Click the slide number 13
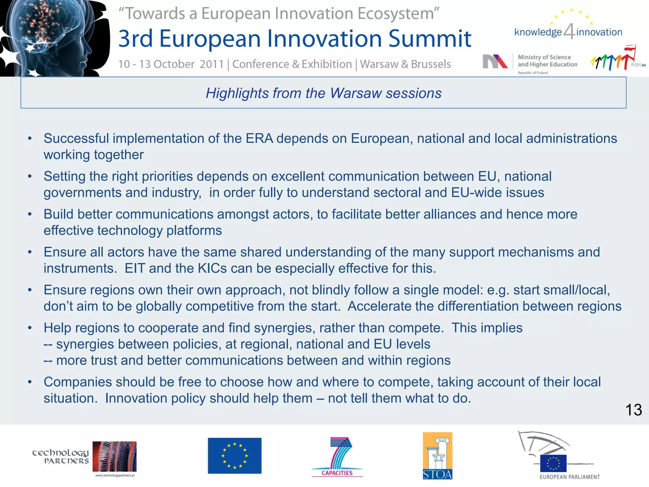(x=633, y=410)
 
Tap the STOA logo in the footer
(x=437, y=456)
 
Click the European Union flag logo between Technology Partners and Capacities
(x=235, y=456)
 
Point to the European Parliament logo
(x=558, y=455)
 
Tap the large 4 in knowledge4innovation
(x=569, y=32)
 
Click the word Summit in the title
(x=430, y=39)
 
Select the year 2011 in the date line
(x=212, y=64)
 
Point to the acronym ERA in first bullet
(x=259, y=139)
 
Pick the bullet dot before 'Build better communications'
(x=30, y=215)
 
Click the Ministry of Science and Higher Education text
(x=547, y=61)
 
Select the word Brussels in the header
(x=431, y=64)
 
